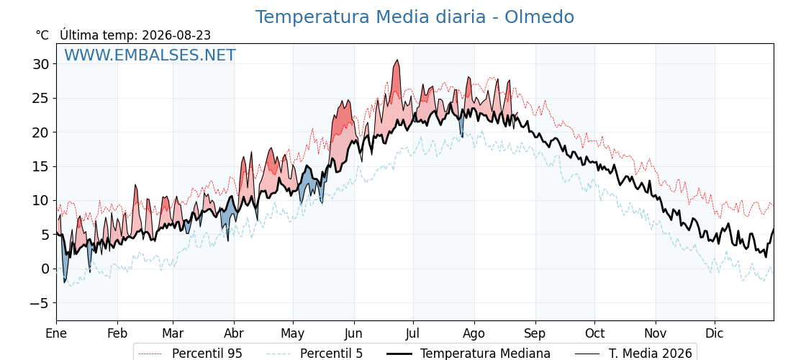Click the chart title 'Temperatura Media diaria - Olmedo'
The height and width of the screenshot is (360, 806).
click(415, 17)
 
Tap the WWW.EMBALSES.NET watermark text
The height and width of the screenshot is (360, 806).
click(150, 55)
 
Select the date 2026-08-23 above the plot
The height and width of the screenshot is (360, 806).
click(176, 35)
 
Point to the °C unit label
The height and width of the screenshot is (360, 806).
click(42, 35)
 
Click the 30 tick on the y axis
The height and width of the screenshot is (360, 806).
click(42, 64)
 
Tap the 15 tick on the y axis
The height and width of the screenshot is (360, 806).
click(42, 166)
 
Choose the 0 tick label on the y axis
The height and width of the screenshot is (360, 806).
click(46, 269)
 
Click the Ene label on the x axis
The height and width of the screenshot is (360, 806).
click(56, 333)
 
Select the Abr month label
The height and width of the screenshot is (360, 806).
click(234, 333)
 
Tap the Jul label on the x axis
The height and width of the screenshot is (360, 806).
click(413, 333)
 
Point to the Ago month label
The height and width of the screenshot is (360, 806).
click(474, 334)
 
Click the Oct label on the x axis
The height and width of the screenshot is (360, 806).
click(594, 333)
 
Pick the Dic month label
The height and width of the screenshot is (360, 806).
click(715, 333)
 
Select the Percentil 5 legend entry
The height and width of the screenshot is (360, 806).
click(314, 354)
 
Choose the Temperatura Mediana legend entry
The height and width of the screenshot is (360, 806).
click(467, 354)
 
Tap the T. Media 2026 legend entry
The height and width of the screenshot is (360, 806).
click(633, 354)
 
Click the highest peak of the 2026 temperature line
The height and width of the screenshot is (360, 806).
click(397, 60)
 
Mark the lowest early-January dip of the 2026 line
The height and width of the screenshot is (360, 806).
click(65, 282)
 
